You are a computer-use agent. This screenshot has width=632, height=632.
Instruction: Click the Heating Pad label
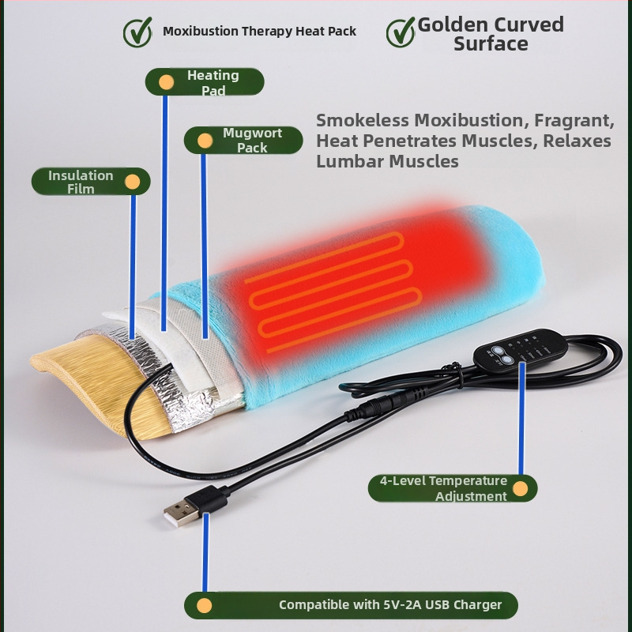[205, 82]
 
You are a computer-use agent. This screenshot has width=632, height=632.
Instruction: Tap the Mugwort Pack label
[243, 141]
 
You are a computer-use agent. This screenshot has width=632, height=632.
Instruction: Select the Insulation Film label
[91, 182]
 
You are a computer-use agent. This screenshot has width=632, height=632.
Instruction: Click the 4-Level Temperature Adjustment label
[453, 488]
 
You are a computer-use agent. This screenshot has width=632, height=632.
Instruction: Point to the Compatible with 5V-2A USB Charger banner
[351, 605]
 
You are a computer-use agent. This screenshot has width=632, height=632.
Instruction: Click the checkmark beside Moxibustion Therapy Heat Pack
[137, 32]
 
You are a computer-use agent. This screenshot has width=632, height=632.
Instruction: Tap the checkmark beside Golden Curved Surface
[401, 32]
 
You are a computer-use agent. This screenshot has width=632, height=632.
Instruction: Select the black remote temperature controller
[520, 348]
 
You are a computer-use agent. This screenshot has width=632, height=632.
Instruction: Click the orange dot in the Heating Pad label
[166, 82]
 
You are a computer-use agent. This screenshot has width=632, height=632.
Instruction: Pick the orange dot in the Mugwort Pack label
[205, 141]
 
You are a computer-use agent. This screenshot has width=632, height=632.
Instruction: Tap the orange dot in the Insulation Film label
[132, 182]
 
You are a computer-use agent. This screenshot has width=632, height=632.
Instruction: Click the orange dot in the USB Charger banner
[205, 605]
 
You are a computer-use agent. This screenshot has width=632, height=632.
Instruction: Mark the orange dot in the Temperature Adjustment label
[520, 488]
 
